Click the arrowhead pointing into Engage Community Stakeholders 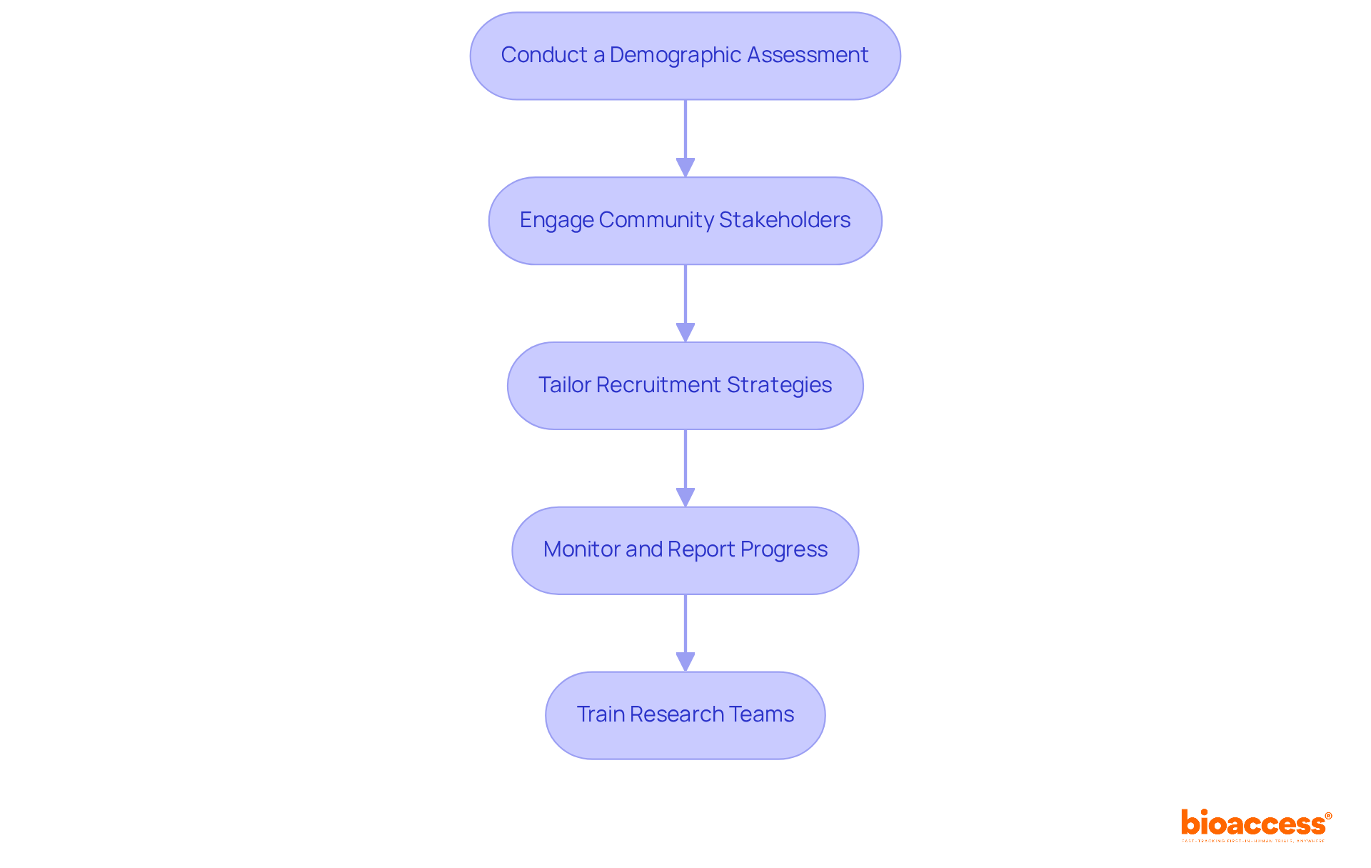click(x=685, y=167)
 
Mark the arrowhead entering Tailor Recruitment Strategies click(x=685, y=332)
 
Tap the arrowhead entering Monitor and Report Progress click(x=685, y=497)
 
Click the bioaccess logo click(x=1255, y=823)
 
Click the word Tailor click(x=564, y=385)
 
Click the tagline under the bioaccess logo click(x=1253, y=841)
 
